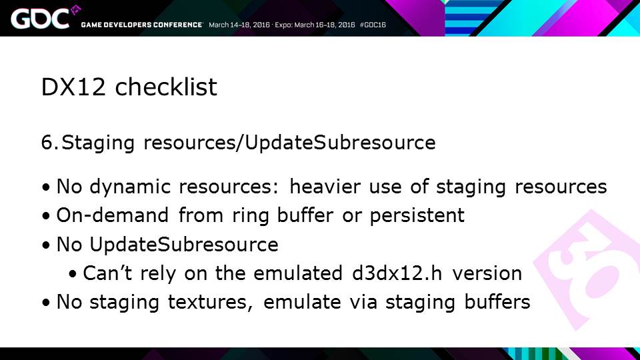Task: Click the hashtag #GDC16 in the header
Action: (373, 25)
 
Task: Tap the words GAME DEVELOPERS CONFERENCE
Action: (141, 25)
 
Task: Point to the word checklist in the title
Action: (166, 87)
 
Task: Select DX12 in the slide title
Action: (73, 87)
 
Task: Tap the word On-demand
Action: (112, 215)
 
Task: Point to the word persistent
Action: (417, 216)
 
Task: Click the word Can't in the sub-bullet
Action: (107, 273)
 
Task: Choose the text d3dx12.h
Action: (397, 273)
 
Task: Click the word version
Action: (487, 273)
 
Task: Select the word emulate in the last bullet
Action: (302, 302)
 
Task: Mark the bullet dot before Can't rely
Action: (73, 274)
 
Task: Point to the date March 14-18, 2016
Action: (239, 25)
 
